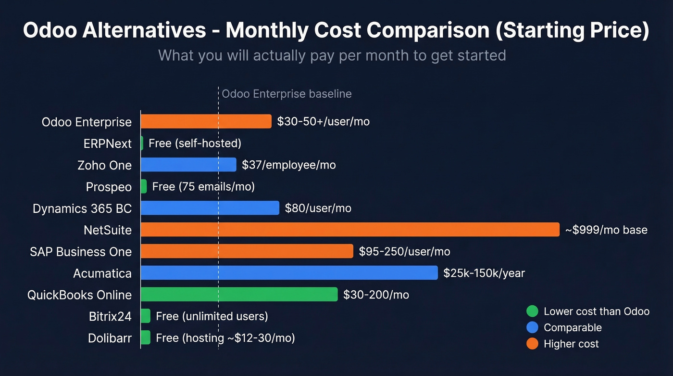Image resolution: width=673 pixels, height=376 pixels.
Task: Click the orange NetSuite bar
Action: (350, 230)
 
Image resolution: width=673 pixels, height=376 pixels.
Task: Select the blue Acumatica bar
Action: (289, 273)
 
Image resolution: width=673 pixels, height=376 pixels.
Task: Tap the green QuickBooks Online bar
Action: (239, 295)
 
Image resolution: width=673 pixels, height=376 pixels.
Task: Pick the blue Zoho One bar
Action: (188, 165)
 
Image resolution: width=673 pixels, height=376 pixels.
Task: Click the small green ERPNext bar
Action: (142, 143)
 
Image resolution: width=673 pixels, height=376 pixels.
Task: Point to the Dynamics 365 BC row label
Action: (82, 208)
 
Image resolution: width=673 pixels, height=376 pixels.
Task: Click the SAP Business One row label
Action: (81, 252)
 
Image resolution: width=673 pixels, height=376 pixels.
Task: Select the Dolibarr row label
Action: (110, 338)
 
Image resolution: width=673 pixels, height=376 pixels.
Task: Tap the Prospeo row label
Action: (109, 187)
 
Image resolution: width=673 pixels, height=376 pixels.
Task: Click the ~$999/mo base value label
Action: (606, 230)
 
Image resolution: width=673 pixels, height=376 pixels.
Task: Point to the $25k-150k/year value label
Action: (484, 273)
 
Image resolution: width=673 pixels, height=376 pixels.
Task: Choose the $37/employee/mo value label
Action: (289, 165)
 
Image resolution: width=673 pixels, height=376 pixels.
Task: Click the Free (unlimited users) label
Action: (212, 316)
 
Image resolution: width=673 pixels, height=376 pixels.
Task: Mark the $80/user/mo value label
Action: (318, 208)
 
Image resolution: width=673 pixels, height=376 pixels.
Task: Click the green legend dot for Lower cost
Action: (532, 311)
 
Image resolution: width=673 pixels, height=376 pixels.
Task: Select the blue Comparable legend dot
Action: (532, 327)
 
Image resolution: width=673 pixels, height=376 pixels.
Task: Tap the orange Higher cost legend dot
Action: (532, 344)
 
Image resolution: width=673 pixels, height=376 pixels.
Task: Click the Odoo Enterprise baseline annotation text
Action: (287, 94)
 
